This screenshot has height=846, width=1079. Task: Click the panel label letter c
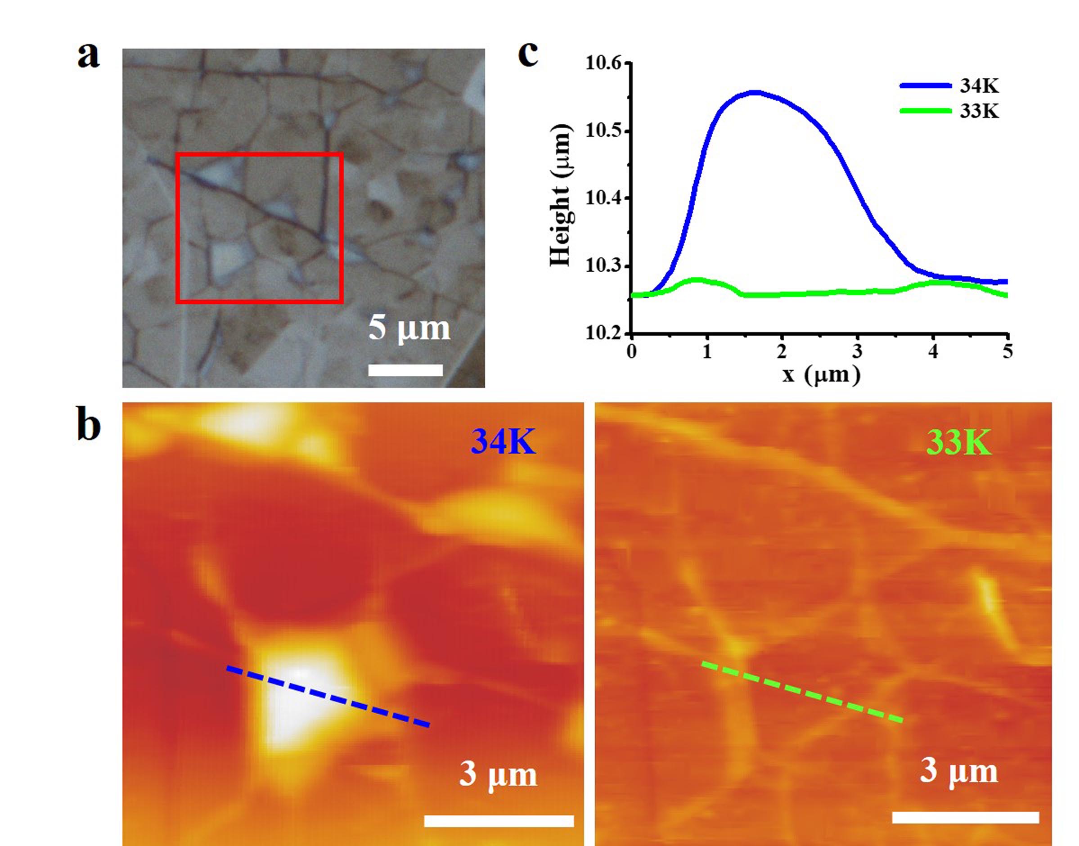click(528, 54)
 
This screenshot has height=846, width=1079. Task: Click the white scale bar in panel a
click(405, 369)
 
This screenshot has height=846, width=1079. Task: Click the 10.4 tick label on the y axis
click(603, 198)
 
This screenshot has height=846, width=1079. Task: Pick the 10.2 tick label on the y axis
click(603, 334)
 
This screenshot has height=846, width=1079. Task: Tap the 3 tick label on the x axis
click(857, 351)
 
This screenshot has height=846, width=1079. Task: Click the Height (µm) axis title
click(561, 196)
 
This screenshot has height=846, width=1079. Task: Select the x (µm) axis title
click(821, 375)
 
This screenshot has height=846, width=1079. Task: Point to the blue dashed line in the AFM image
click(328, 697)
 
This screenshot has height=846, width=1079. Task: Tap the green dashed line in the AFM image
click(802, 692)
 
